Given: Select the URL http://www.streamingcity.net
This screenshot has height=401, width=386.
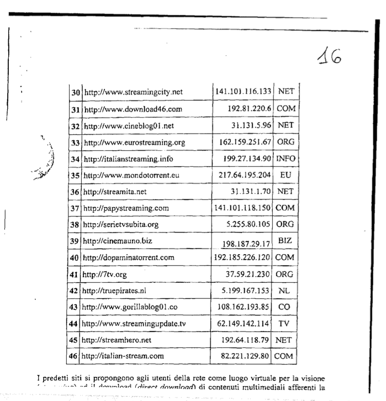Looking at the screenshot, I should [133, 92].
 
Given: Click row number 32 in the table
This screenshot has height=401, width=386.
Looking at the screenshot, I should [75, 125].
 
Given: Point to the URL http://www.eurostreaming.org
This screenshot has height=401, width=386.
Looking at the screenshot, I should [134, 143].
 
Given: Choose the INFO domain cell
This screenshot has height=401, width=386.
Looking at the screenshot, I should [285, 159].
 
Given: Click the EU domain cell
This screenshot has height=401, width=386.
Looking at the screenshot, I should [285, 175].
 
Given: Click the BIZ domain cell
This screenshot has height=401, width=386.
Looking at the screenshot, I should [285, 241].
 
